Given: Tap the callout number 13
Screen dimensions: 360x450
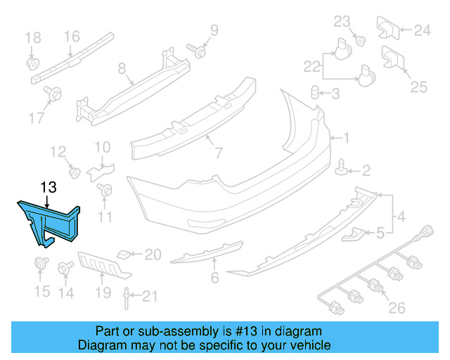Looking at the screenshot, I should tap(48, 187).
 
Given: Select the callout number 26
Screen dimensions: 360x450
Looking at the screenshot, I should tap(397, 307).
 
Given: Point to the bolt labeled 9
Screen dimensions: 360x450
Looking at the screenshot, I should tap(198, 51).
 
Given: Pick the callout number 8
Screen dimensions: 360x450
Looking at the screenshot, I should tap(122, 68).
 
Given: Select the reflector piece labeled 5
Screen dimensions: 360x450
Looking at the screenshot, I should tap(354, 234).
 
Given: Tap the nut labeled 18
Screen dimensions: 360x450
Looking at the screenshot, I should tap(32, 63).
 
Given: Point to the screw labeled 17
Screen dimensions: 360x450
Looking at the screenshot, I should tap(53, 92).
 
